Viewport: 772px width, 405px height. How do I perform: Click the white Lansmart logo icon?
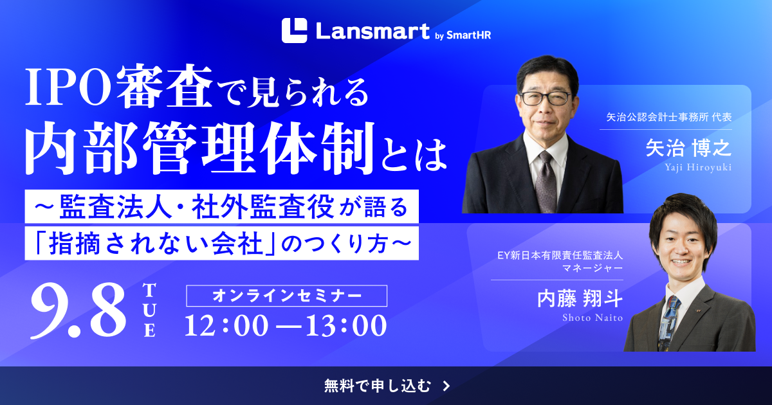294,31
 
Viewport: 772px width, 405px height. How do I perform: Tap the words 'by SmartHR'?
463,35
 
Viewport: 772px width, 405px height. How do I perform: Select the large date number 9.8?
78,310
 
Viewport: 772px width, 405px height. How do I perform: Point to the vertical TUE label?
149,310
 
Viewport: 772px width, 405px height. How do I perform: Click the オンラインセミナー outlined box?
286,296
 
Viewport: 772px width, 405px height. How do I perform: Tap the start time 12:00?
226,325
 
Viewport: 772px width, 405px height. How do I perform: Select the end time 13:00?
345,325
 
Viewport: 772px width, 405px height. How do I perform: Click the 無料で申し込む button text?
378,386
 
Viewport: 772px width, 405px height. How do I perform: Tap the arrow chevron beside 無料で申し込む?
446,386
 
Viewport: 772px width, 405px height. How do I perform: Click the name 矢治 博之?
688,148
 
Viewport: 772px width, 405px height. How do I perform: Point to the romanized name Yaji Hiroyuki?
698,167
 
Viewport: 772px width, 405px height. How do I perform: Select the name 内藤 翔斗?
580,298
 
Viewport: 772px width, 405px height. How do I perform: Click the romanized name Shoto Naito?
593,318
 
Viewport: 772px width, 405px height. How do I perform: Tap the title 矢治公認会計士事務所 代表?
669,117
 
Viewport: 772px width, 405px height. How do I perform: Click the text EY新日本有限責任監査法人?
560,256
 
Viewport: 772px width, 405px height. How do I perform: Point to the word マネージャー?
593,268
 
